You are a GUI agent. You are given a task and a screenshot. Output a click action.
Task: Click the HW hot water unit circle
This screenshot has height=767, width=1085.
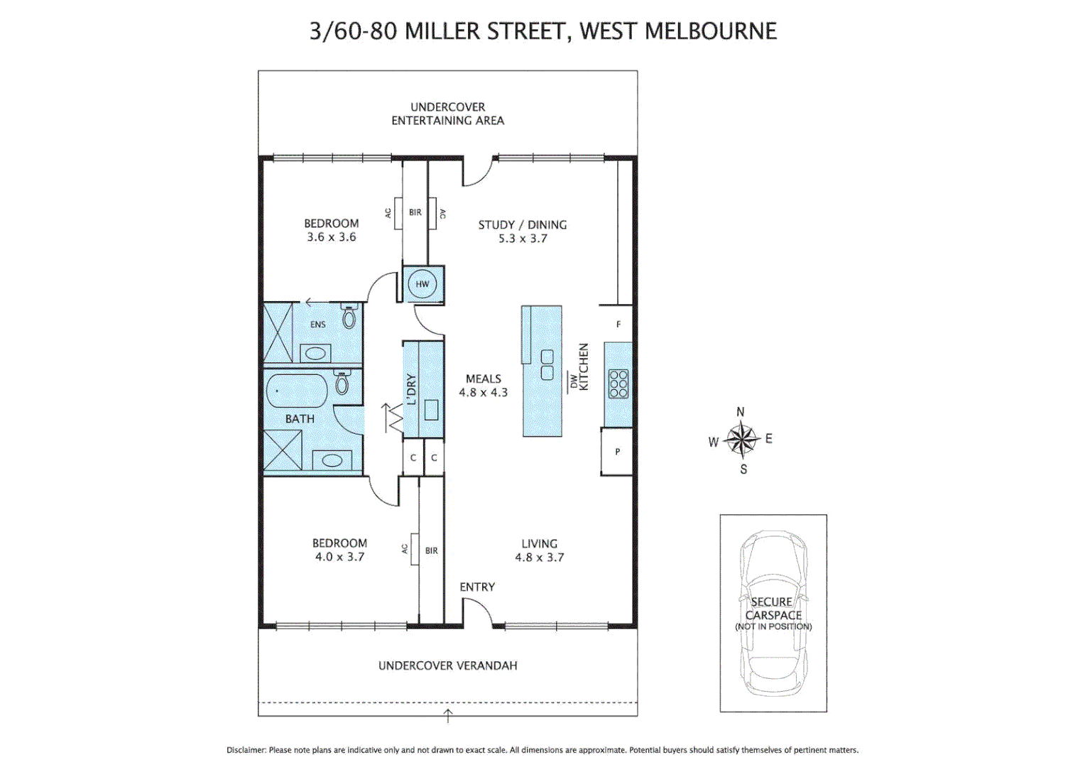pos(422,284)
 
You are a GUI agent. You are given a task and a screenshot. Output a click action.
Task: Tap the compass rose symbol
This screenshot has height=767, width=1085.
pos(741,440)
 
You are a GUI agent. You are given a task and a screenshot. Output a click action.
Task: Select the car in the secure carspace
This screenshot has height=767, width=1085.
pos(773,612)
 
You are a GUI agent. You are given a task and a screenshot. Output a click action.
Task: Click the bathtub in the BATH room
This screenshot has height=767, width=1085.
pos(296,391)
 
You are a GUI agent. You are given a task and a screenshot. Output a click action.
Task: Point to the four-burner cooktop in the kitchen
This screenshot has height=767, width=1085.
pos(618,383)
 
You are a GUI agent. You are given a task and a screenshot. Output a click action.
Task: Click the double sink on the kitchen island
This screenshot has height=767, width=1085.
pos(547,365)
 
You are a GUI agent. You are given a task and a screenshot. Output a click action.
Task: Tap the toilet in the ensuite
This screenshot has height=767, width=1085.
pos(349,317)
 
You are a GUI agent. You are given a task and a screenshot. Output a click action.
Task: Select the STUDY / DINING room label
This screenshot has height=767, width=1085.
pos(522,225)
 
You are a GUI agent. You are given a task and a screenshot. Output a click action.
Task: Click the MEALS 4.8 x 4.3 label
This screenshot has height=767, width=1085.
pos(483,386)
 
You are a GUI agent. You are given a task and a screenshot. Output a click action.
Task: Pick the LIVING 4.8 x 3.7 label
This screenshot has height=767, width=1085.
pos(539,550)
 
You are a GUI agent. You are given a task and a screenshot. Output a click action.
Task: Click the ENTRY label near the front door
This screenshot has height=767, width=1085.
pos(476,587)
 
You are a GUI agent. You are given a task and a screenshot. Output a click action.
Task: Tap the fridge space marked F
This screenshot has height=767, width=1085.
pos(618,325)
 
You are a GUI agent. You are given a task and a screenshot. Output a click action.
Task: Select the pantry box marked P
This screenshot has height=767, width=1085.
pos(617,451)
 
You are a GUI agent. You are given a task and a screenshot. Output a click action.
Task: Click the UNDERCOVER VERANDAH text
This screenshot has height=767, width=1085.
pos(447,665)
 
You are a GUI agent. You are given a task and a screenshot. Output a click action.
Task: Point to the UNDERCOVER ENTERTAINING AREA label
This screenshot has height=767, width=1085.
pos(447,114)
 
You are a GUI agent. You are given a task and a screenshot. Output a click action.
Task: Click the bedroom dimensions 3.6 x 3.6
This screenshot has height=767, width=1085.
pos(331,237)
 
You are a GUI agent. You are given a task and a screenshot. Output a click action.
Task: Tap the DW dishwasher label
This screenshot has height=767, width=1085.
pos(572,382)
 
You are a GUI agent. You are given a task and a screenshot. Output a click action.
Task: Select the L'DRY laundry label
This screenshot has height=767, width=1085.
pos(411,389)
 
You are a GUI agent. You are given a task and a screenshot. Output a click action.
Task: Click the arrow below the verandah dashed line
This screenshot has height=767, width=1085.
pos(447,714)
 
